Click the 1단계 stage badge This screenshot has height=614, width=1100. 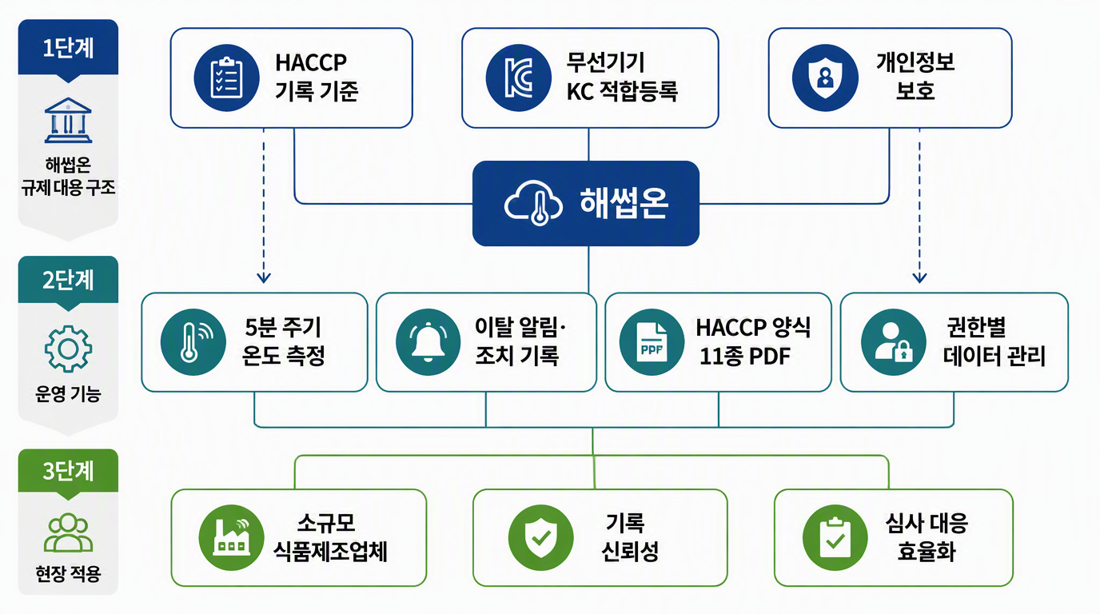click(68, 48)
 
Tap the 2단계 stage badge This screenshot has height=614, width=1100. click(68, 281)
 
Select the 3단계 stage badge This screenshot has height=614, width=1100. click(68, 472)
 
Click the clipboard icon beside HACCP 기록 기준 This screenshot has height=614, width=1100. click(226, 78)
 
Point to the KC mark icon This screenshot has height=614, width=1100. click(519, 78)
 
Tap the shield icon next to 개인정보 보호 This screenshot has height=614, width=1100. click(825, 78)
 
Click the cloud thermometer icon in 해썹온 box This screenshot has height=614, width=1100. click(533, 203)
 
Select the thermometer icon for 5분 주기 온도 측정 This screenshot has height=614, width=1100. click(193, 342)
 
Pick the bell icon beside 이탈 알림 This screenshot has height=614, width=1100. click(428, 342)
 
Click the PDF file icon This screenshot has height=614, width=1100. click(652, 342)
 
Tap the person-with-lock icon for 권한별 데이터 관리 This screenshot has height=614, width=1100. click(893, 342)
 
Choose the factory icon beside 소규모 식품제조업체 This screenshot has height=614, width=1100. click(231, 538)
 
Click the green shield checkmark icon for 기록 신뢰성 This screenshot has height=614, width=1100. click(540, 538)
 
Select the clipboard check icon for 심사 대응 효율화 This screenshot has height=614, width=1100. click(835, 538)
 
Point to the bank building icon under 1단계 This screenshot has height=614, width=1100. click(68, 121)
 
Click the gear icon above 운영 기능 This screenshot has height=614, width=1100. click(68, 349)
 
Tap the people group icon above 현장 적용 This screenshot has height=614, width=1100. click(68, 533)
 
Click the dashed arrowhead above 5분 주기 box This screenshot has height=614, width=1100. click(264, 278)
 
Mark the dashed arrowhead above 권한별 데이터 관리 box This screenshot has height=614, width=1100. click(919, 278)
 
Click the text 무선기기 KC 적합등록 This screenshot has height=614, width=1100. click(622, 77)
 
